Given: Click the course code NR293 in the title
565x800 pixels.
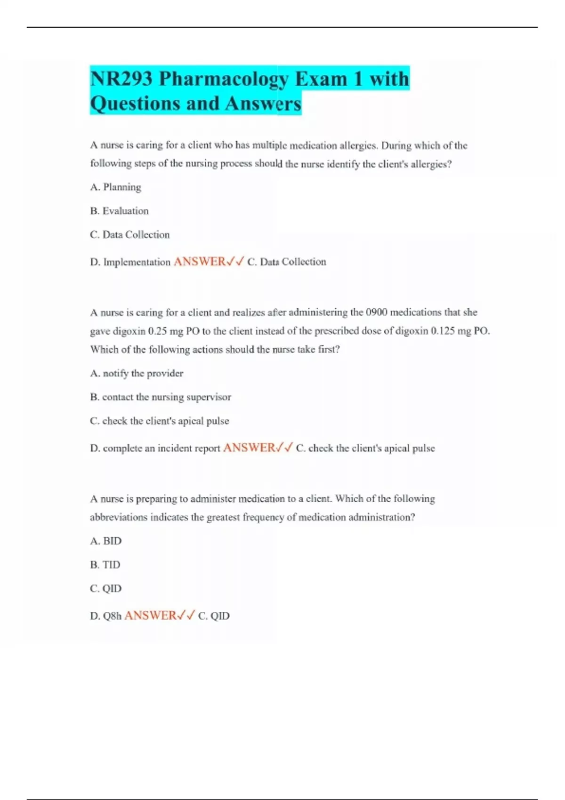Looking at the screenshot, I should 121,79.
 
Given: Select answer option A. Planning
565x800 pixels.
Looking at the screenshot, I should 116,187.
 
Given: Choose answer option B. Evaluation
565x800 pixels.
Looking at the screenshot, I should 120,211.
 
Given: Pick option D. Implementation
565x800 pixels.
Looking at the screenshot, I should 130,262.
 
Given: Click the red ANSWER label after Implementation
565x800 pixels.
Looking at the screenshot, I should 200,262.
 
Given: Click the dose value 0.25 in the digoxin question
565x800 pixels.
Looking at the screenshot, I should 158,331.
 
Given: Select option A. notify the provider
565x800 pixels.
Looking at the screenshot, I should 137,373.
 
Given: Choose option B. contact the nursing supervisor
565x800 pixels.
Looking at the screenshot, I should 161,397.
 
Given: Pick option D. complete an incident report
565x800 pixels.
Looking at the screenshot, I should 155,448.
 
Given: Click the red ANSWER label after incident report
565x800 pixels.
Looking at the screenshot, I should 249,448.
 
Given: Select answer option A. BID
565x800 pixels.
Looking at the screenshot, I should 106,541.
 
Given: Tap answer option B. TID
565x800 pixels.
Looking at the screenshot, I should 105,565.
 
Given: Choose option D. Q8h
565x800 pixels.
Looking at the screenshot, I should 106,616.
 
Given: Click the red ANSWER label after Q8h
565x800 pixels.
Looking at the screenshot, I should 150,616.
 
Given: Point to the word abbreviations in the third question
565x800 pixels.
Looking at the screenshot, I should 119,517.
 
